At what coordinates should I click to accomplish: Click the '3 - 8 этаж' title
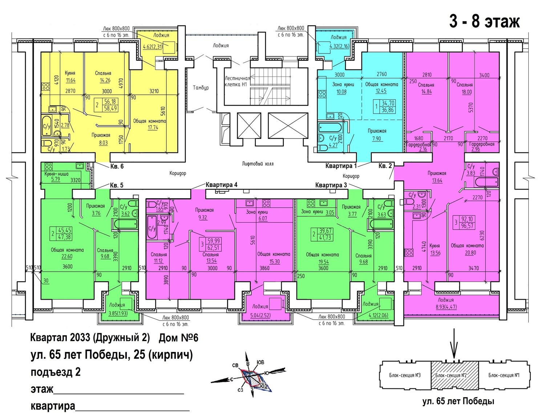pyautogui.click(x=484, y=22)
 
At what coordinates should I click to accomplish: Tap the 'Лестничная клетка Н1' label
pyautogui.click(x=237, y=81)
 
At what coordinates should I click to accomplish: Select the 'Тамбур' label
pyautogui.click(x=201, y=88)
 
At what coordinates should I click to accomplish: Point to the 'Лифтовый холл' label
pyautogui.click(x=258, y=164)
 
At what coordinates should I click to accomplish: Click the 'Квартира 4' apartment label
pyautogui.click(x=222, y=185)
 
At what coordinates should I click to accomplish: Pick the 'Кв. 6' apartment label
pyautogui.click(x=117, y=167)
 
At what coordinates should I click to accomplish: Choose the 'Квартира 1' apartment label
pyautogui.click(x=341, y=166)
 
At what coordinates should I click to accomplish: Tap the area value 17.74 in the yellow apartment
pyautogui.click(x=153, y=128)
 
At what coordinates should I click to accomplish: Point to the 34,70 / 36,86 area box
pyautogui.click(x=385, y=107)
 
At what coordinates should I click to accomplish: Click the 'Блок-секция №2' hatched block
pyautogui.click(x=455, y=376)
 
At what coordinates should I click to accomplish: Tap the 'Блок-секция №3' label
pyautogui.click(x=405, y=375)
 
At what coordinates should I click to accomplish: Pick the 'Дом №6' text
pyautogui.click(x=178, y=338)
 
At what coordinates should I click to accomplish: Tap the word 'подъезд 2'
pyautogui.click(x=56, y=372)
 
